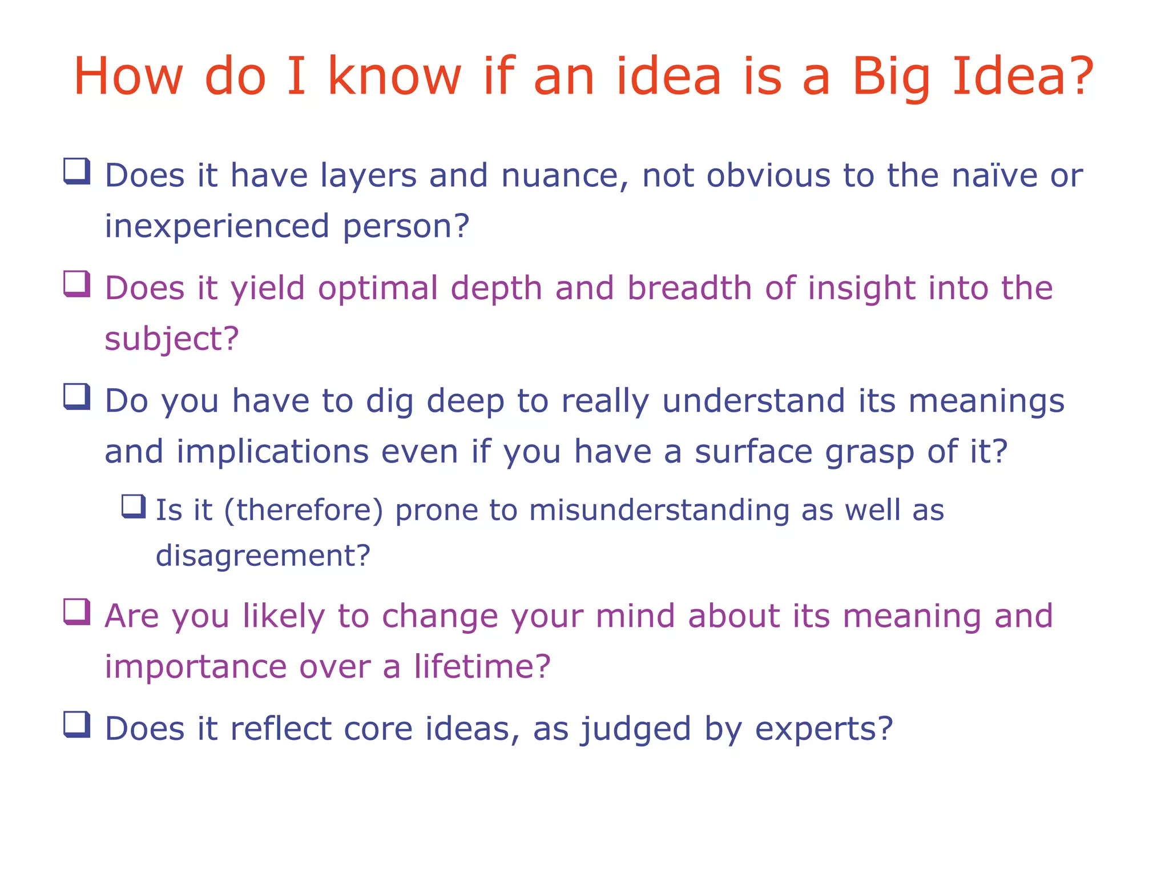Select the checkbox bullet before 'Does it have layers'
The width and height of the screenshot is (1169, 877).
76,171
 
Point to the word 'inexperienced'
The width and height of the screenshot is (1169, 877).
217,227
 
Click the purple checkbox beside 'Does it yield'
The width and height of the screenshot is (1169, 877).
76,284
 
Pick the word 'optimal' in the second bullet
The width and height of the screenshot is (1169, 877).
378,288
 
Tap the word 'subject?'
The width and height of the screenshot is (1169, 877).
171,339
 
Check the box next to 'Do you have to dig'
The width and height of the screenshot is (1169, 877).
76,396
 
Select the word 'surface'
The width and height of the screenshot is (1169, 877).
753,452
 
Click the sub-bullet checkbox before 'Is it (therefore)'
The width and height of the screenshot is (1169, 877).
134,506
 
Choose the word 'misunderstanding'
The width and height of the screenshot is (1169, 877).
659,510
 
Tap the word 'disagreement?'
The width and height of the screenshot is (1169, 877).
263,556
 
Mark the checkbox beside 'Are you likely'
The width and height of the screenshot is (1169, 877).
76,612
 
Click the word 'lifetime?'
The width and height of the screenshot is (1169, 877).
482,667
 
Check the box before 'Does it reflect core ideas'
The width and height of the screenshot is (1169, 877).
76,725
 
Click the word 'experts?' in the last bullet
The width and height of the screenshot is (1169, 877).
824,729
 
